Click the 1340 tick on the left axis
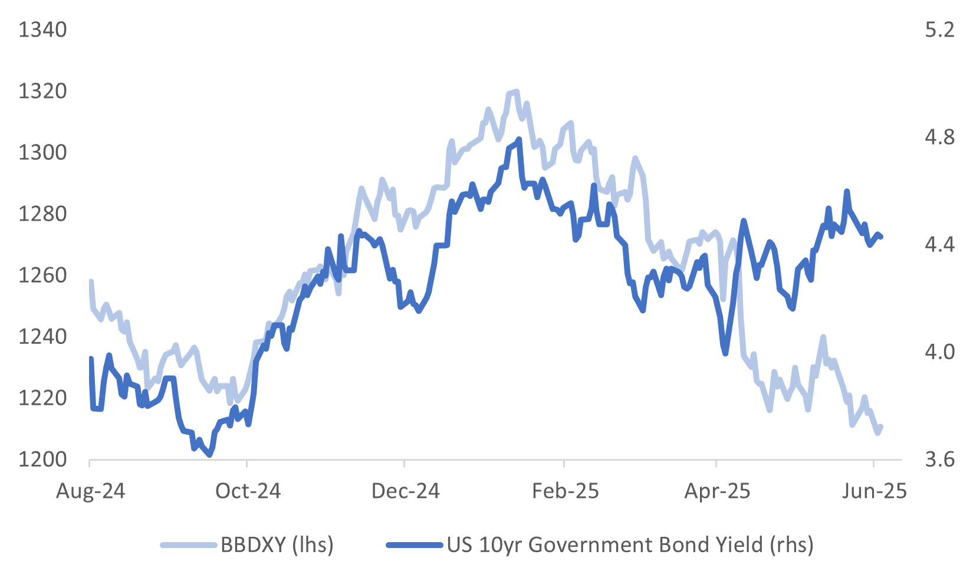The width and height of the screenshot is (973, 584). coord(42,29)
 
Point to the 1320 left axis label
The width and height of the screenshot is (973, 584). coord(42,91)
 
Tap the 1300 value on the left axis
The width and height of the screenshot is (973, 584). coord(42,153)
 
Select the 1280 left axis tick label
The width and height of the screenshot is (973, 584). coord(42,214)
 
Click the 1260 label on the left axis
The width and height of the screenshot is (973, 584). coord(42,275)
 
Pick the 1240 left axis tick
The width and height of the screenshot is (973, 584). coord(42,337)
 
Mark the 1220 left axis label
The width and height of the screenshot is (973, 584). coord(42,398)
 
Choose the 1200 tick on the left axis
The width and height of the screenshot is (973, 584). coord(42,460)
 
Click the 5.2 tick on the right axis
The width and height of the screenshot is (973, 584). coord(939,29)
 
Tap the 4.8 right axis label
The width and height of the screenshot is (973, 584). coord(939,137)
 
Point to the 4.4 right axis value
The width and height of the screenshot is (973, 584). coord(939,244)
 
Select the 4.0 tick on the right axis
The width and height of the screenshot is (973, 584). coord(939,352)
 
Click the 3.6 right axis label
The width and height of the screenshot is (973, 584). coord(939,460)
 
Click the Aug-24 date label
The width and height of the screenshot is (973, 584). coord(91,491)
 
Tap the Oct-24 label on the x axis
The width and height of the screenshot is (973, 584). coord(248,491)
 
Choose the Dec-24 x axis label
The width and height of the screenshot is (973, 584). coord(406,491)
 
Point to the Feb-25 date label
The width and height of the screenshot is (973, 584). coord(565,491)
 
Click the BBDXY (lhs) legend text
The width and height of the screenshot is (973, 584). coord(277,544)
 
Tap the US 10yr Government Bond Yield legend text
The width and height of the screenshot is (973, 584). coord(630,544)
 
